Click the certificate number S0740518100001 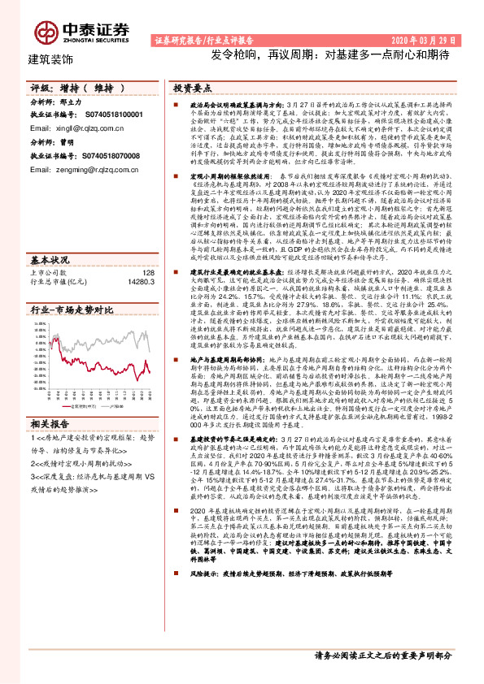pos(111,116)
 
